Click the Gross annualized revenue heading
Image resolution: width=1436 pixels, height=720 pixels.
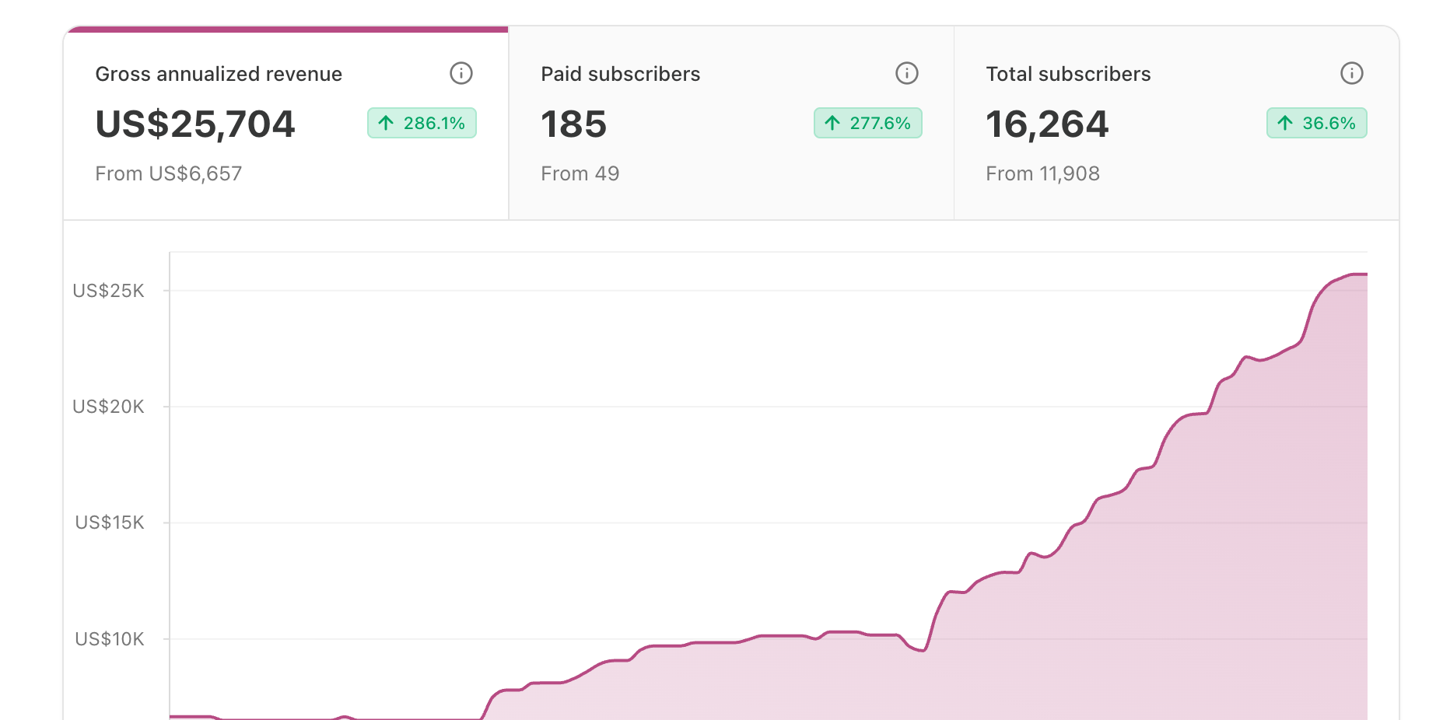point(219,74)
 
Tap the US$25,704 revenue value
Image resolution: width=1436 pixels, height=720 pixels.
point(195,124)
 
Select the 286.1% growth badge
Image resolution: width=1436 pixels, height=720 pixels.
point(422,123)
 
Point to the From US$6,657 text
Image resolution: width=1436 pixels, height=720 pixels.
point(169,173)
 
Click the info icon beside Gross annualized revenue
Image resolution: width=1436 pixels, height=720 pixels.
point(461,73)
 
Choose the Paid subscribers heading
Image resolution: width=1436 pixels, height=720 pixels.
point(621,74)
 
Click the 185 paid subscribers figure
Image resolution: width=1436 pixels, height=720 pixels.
point(574,124)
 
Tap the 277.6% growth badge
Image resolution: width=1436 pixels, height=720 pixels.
point(868,123)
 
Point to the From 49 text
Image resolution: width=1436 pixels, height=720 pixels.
point(580,173)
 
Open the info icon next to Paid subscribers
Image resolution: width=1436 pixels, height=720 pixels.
point(907,73)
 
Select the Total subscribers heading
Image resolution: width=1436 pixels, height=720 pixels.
point(1068,74)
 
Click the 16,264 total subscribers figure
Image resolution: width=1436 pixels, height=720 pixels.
point(1047,124)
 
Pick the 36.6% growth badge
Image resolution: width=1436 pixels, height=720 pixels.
point(1317,123)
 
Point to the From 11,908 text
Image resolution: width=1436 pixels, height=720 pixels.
point(1043,173)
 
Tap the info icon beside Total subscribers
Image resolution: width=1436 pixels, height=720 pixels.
point(1352,73)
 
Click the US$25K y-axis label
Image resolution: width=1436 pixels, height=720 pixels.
point(109,291)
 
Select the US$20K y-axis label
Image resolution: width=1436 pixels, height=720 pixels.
point(109,407)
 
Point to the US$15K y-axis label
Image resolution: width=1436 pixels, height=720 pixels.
point(110,523)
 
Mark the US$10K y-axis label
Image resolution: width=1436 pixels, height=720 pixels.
point(110,639)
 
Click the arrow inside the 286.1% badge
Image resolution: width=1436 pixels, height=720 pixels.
point(386,123)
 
